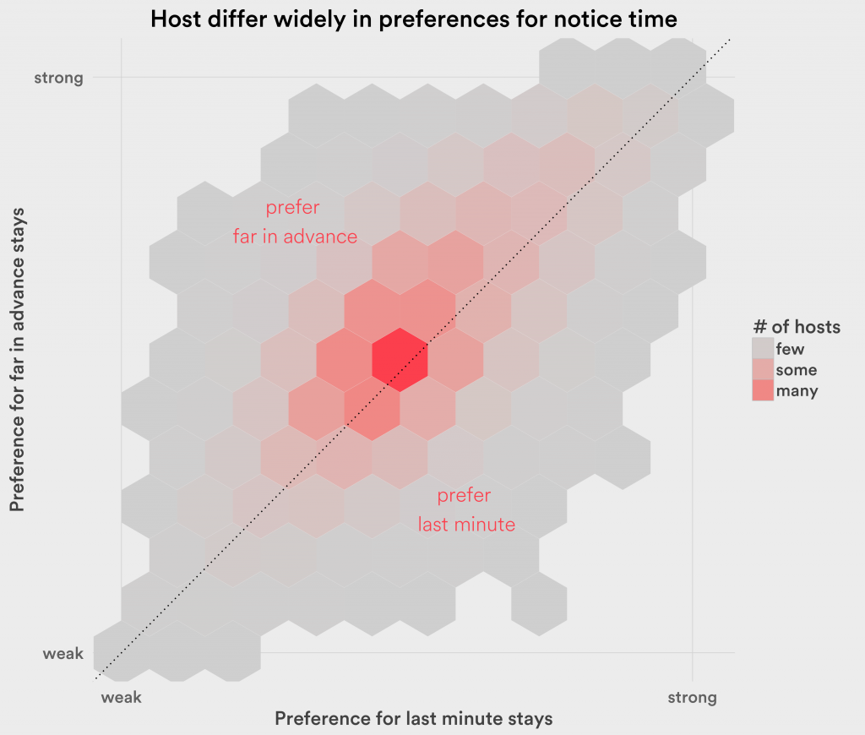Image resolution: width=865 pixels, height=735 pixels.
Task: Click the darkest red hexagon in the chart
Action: [x=400, y=359]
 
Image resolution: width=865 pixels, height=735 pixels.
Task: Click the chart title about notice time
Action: [x=414, y=19]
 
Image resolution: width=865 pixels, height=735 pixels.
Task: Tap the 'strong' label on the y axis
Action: [x=58, y=79]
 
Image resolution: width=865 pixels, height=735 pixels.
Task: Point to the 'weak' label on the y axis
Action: [x=63, y=653]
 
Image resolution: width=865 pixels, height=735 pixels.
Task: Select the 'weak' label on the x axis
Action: [x=121, y=698]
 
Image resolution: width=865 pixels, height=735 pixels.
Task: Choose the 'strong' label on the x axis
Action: [x=692, y=698]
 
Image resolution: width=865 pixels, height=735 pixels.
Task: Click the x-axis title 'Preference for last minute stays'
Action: [x=414, y=719]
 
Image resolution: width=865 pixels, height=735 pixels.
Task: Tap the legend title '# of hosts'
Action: [x=797, y=327]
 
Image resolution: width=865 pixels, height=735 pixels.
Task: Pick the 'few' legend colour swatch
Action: [x=763, y=349]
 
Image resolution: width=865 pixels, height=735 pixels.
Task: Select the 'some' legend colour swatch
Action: [x=763, y=370]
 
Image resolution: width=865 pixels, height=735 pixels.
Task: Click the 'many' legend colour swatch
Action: [x=763, y=391]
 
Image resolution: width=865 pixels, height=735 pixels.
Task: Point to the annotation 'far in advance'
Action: [x=295, y=237]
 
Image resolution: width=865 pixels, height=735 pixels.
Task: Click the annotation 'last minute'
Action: [x=466, y=525]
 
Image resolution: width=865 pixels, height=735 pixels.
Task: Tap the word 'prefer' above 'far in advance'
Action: [x=293, y=208]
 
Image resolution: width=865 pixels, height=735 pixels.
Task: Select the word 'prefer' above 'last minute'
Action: [x=464, y=496]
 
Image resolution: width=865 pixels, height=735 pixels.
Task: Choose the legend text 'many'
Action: [x=797, y=391]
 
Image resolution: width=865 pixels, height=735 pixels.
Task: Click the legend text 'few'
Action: [x=790, y=349]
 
